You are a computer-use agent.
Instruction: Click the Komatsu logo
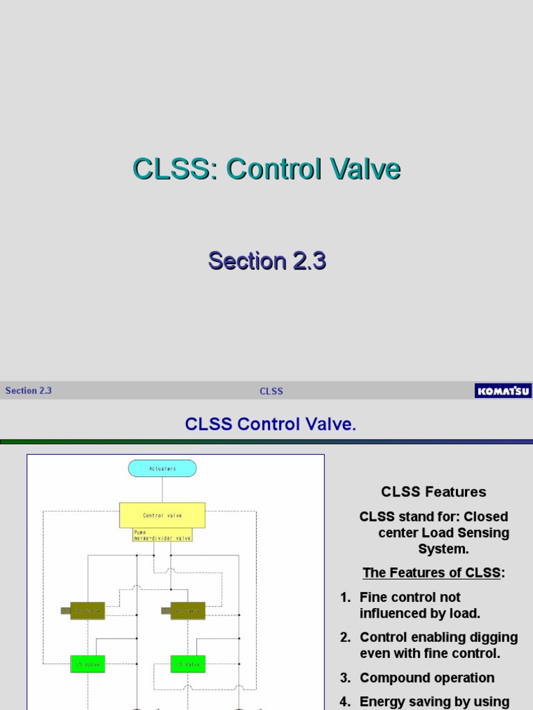click(502, 391)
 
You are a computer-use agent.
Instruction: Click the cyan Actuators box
click(162, 469)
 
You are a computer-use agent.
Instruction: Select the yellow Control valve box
click(162, 515)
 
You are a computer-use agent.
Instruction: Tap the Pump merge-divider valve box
click(162, 535)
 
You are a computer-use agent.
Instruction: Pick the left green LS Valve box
click(87, 664)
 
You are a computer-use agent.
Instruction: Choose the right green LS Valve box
click(188, 664)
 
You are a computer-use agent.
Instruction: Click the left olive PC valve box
click(87, 611)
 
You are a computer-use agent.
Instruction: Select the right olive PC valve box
click(188, 611)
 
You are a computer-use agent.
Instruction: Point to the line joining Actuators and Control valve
click(162, 490)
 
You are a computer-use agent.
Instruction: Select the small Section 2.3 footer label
click(28, 390)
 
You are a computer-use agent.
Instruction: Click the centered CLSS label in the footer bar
click(271, 391)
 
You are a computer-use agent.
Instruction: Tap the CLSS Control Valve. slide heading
click(271, 424)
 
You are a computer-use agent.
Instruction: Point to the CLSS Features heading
click(434, 492)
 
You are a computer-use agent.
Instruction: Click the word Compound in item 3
click(392, 678)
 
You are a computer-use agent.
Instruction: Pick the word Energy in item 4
click(382, 702)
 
